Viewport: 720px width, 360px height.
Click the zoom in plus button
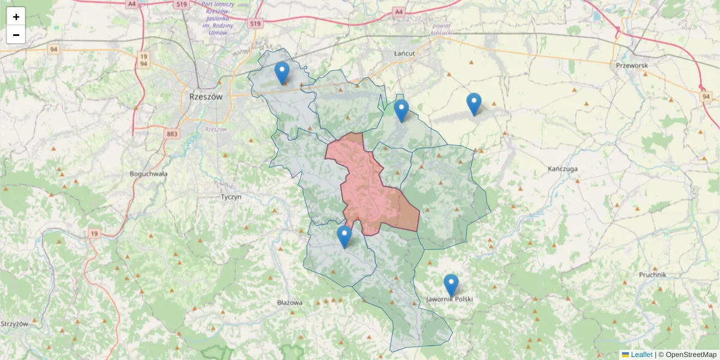pos(16,17)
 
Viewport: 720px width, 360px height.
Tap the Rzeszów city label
pos(205,96)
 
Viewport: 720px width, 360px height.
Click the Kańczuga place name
pos(563,169)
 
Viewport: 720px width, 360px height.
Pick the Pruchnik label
pos(653,274)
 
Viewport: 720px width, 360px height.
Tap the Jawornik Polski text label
pos(449,299)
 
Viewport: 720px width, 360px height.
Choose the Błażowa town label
pos(290,302)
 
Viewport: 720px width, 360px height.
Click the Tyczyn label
pos(230,196)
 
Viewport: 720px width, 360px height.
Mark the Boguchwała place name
pos(149,173)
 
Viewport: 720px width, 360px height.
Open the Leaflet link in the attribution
pos(641,355)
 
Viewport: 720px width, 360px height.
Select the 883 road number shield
pos(172,134)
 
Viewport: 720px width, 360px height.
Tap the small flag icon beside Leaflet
pos(625,355)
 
